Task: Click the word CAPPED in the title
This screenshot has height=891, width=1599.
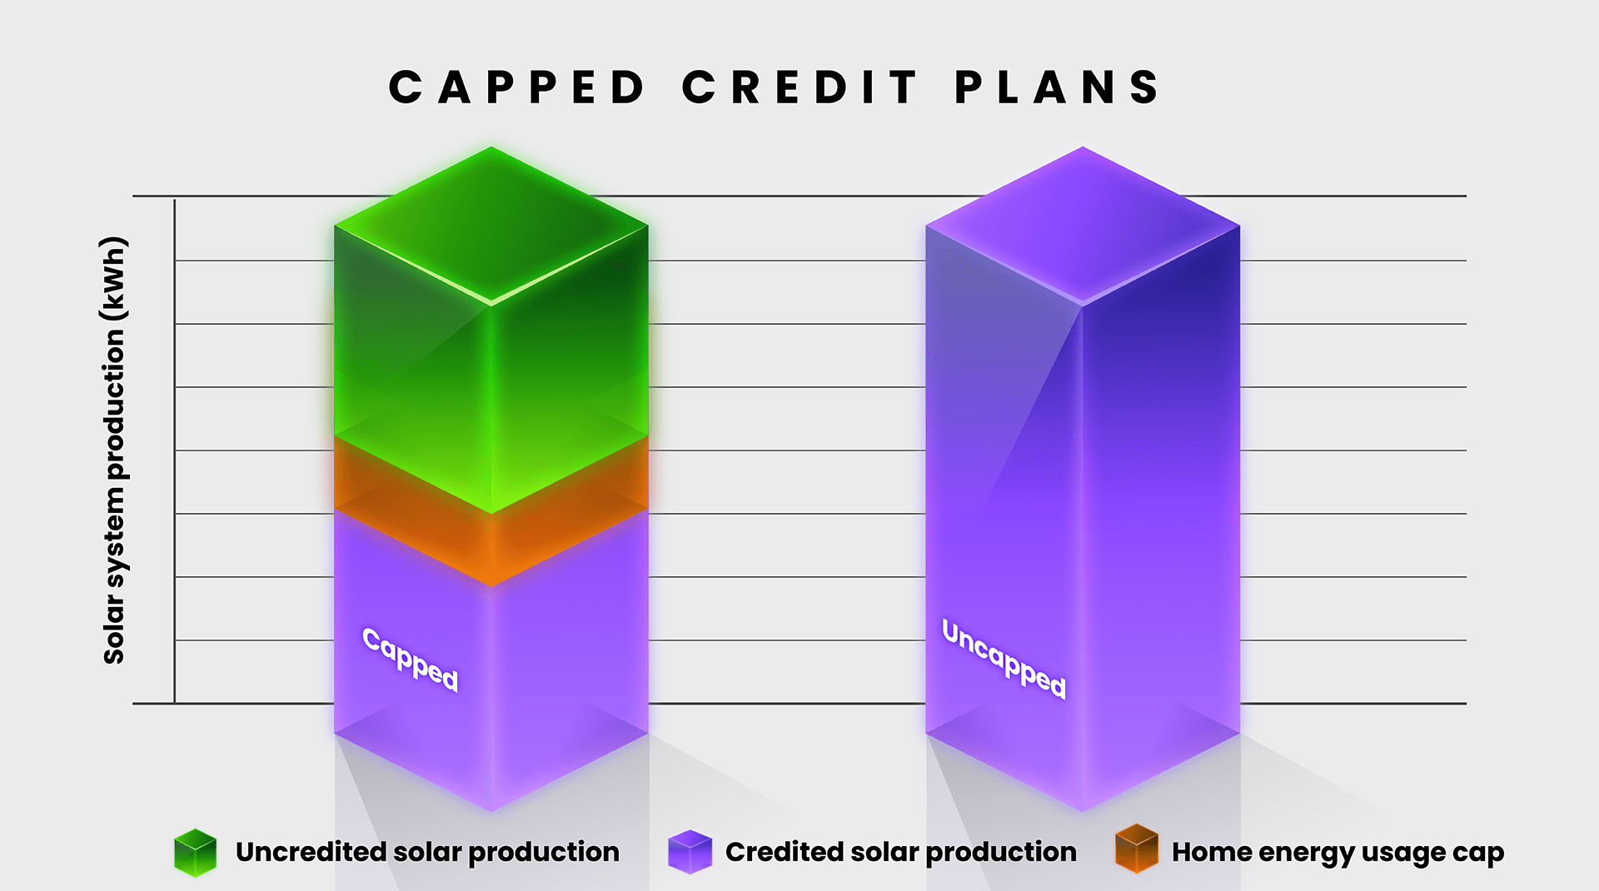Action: click(516, 87)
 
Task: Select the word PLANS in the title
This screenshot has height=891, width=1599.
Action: click(1057, 87)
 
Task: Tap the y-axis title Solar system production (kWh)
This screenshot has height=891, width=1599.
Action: click(114, 450)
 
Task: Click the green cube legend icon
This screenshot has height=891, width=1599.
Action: click(195, 853)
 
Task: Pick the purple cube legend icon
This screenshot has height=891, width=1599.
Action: click(690, 852)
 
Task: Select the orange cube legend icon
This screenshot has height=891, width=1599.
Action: click(1137, 849)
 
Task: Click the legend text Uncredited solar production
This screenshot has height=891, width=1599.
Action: click(427, 852)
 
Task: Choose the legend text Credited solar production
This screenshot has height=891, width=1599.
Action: click(901, 852)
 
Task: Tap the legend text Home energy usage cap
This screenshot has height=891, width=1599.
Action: click(1337, 853)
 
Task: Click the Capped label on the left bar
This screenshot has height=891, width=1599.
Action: click(411, 660)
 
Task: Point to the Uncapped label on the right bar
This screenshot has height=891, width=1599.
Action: click(1004, 658)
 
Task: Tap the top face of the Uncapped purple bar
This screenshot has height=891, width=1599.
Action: click(1083, 225)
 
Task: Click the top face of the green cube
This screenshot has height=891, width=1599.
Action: click(491, 225)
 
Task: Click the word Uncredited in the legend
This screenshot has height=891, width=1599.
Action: click(310, 851)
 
